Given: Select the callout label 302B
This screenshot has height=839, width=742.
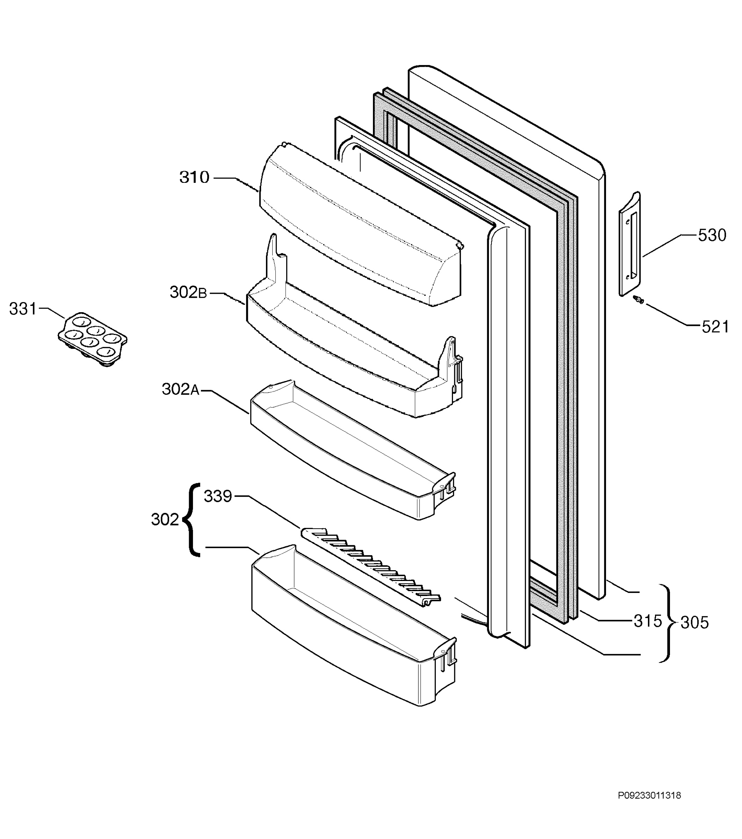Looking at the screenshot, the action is click(x=188, y=292).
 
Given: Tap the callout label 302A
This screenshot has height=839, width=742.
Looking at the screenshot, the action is click(x=181, y=389).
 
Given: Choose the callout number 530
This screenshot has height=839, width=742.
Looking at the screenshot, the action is click(x=712, y=235).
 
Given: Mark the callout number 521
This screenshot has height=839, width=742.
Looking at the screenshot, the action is click(x=715, y=327).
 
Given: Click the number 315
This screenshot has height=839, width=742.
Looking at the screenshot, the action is click(x=648, y=621).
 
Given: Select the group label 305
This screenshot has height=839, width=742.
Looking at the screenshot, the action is click(x=694, y=623).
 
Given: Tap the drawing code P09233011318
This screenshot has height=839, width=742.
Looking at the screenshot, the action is click(x=649, y=807).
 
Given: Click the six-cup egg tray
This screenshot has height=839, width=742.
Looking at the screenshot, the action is click(x=92, y=339).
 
